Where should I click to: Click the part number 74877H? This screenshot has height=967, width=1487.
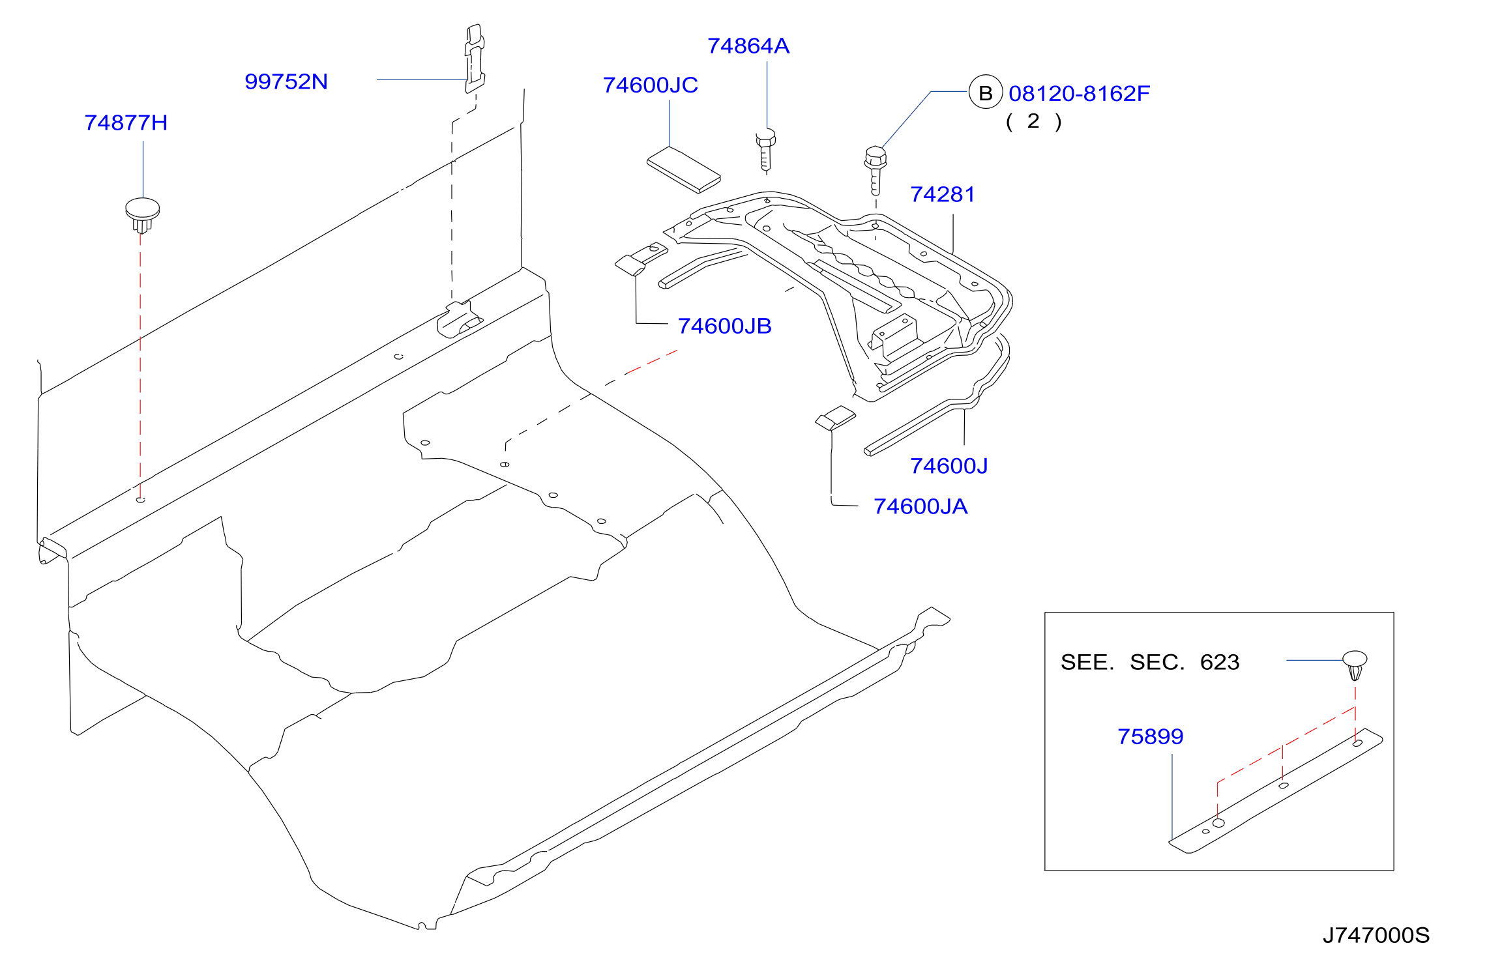(x=126, y=123)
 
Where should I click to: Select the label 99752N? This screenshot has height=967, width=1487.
(x=286, y=81)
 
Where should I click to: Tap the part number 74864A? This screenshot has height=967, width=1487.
(x=748, y=46)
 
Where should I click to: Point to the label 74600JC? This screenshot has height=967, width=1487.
(x=651, y=85)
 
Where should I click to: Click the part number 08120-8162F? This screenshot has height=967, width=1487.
(x=1079, y=93)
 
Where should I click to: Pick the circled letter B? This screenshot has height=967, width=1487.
(x=986, y=93)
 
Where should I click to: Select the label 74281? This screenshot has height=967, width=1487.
(x=943, y=194)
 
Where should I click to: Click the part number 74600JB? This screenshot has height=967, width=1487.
(x=725, y=326)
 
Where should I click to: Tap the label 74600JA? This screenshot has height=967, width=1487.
(x=920, y=506)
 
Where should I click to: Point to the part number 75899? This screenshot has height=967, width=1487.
(x=1151, y=736)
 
